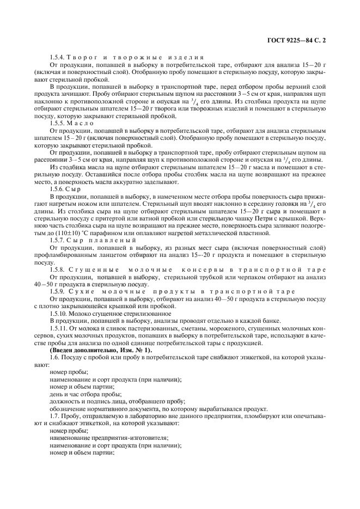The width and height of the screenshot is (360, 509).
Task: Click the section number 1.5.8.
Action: pos(58,270)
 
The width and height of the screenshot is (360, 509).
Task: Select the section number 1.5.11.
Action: pos(60,329)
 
